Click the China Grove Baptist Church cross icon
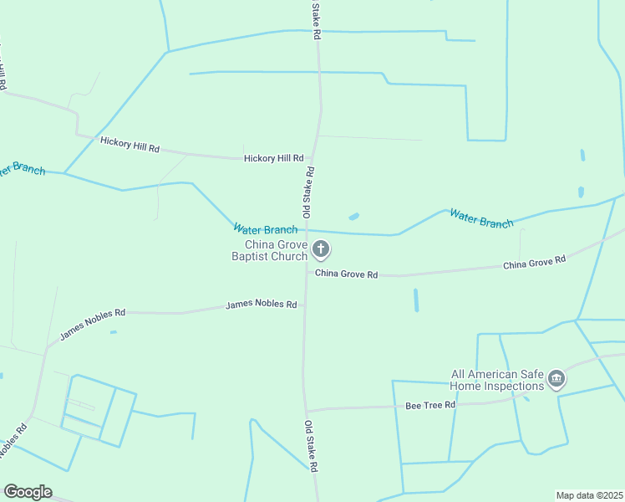tap(321, 248)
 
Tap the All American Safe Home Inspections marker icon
tap(556, 380)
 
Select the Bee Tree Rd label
tap(430, 405)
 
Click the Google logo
tap(28, 492)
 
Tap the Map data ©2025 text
tap(589, 495)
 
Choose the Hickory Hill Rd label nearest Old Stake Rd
tap(273, 158)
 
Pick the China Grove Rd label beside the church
tap(347, 274)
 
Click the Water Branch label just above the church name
tap(265, 229)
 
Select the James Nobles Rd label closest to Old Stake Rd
tap(261, 305)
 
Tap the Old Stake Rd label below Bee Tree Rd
tap(311, 445)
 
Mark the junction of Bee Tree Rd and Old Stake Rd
tap(307, 410)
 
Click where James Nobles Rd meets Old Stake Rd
tap(305, 305)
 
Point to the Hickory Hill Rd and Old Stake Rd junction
tap(312, 157)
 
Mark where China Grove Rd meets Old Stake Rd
tap(306, 272)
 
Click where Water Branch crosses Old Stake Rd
tap(308, 230)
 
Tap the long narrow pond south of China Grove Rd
tap(416, 300)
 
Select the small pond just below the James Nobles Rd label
tap(113, 332)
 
